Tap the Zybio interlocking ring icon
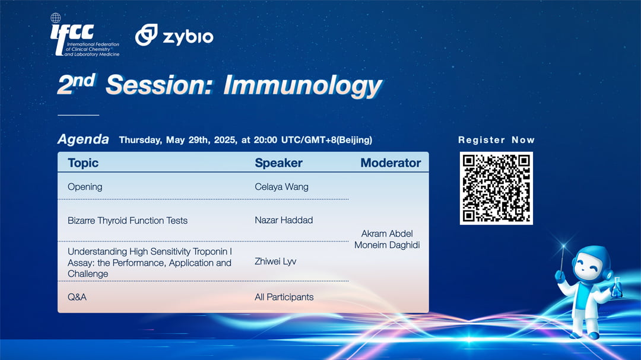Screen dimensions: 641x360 (147, 34)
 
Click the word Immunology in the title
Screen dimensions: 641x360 (303, 86)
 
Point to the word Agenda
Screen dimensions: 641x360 (83, 139)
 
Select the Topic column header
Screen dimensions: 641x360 (83, 163)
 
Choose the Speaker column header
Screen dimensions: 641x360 (278, 163)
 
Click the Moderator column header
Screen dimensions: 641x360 (391, 163)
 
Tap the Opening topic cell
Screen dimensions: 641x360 (85, 187)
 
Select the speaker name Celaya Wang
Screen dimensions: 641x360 (282, 187)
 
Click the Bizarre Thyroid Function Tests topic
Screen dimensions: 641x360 (128, 220)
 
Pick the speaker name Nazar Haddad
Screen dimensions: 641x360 (284, 220)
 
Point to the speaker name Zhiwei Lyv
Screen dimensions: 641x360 (275, 262)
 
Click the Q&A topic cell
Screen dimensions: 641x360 (77, 297)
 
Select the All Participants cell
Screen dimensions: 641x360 (284, 297)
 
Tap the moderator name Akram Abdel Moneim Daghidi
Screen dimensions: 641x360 (387, 239)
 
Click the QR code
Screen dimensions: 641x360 (496, 189)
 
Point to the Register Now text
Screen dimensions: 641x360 (496, 140)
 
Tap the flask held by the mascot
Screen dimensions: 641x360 (617, 287)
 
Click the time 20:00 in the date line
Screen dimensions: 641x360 (265, 140)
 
